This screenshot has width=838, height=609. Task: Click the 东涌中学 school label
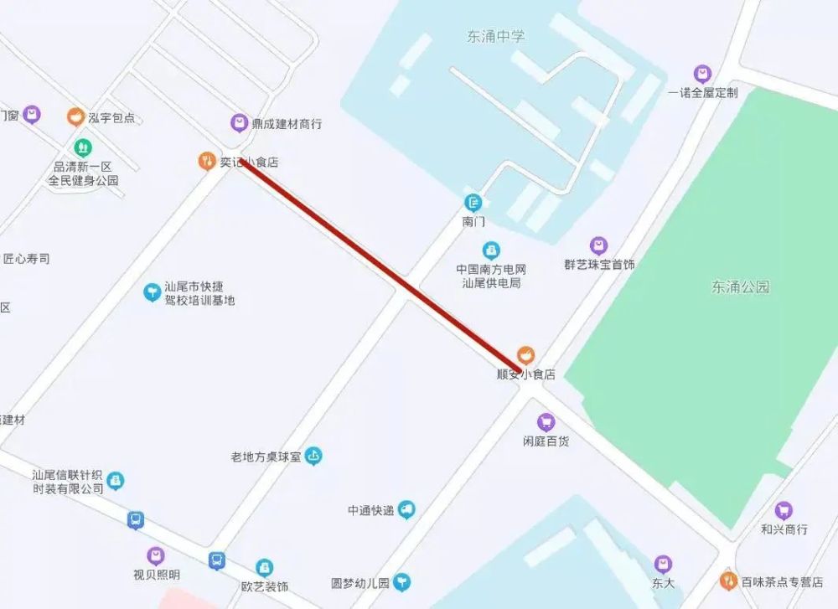pos(496,36)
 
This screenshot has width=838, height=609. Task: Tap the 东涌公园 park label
pos(741,286)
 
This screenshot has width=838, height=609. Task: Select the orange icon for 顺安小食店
pos(525,354)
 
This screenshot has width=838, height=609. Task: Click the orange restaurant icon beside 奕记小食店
pos(206,161)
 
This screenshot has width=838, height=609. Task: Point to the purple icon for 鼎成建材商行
pos(240,123)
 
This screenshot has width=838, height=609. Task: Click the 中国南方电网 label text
pos(491,270)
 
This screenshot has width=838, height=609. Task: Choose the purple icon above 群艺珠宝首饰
pos(598,245)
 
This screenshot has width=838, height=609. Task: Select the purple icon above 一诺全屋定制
pos(702,74)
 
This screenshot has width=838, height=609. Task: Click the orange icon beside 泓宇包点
pos(75,116)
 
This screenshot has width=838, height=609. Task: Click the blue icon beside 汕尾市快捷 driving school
pos(152,292)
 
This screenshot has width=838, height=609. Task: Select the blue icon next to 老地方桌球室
pos(313,457)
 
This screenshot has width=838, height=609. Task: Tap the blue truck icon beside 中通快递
pos(406,509)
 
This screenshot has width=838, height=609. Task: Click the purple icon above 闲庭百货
pos(546,422)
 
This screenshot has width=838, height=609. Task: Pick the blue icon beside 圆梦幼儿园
pos(403,581)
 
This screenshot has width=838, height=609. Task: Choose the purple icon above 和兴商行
pos(784,510)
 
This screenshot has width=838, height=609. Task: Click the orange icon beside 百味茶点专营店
pos(728,580)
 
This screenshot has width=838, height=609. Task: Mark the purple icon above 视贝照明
pos(156,555)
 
